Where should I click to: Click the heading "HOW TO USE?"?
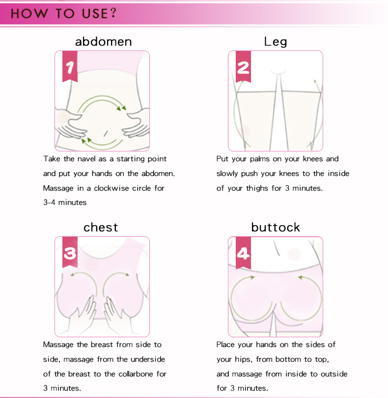pos(63,13)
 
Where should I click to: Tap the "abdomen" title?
pos(104,42)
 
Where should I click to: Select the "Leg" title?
pos(276,42)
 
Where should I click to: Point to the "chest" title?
pos(101,227)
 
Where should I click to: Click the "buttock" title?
pos(276,227)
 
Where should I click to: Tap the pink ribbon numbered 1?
pos(70,67)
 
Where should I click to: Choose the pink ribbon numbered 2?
pos(243,67)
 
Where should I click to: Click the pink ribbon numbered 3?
pos(70,252)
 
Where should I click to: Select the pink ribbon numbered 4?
pos(243,253)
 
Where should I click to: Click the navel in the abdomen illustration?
pos(106,133)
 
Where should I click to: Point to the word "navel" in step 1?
pos(86,159)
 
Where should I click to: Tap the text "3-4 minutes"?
pos(65,202)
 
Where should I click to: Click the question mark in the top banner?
pos(113,13)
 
